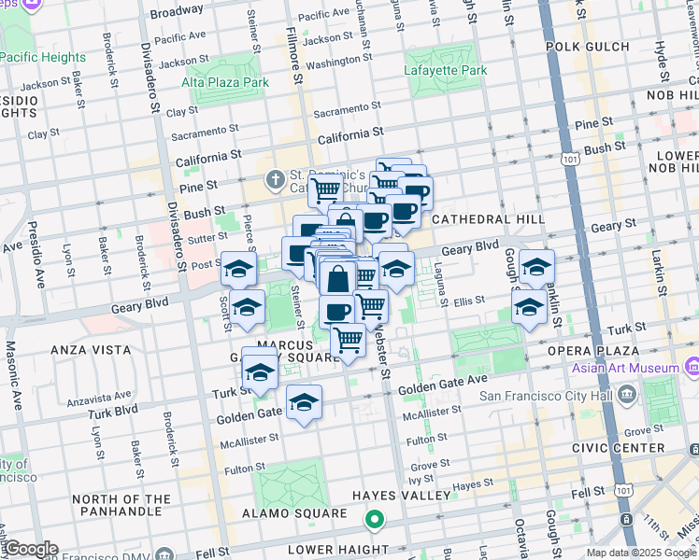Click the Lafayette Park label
[x=446, y=70]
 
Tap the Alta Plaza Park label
[x=225, y=82]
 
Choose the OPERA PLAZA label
[x=596, y=351]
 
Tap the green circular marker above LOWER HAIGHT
[x=375, y=520]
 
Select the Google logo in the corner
[x=30, y=548]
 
